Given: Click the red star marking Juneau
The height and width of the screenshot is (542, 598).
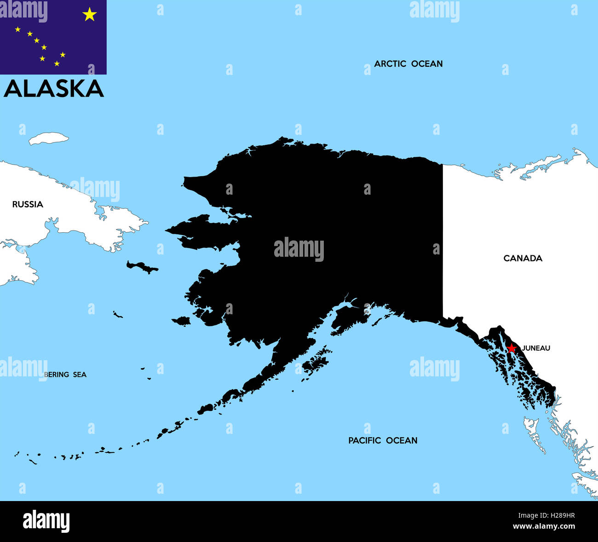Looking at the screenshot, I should pyautogui.click(x=511, y=348).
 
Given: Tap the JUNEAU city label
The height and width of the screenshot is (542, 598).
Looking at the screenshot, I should pyautogui.click(x=536, y=348).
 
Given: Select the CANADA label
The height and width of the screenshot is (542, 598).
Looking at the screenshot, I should pyautogui.click(x=523, y=258).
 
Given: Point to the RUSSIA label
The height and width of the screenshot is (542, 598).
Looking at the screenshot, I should pyautogui.click(x=28, y=204).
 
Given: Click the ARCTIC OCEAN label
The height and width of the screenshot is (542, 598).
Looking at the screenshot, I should pyautogui.click(x=408, y=64).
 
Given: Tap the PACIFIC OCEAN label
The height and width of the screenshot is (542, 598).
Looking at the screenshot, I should pyautogui.click(x=383, y=440).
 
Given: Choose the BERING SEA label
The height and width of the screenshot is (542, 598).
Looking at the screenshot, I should pyautogui.click(x=65, y=375).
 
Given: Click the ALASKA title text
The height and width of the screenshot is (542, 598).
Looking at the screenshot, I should pyautogui.click(x=54, y=89).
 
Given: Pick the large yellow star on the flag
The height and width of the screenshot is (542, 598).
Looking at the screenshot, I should pyautogui.click(x=89, y=15).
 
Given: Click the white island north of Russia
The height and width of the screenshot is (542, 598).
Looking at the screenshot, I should pyautogui.click(x=48, y=138).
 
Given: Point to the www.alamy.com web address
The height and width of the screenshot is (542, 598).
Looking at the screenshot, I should pyautogui.click(x=544, y=526).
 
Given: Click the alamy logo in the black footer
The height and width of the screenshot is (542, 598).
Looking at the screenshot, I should pyautogui.click(x=46, y=521).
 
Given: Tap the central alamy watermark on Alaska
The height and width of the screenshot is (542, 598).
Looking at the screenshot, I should pyautogui.click(x=299, y=249).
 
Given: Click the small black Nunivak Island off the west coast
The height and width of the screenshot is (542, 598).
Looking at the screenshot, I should pyautogui.click(x=182, y=321).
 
